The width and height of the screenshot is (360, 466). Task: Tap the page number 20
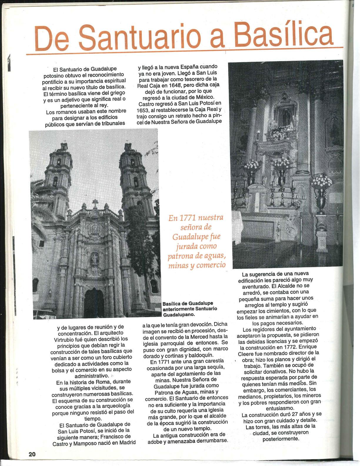[x=32, y=454]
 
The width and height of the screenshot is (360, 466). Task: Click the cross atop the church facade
[x=95, y=202]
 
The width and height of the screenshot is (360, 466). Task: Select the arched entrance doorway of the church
[x=94, y=303]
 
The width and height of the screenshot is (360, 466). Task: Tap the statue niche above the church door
[x=94, y=259]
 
